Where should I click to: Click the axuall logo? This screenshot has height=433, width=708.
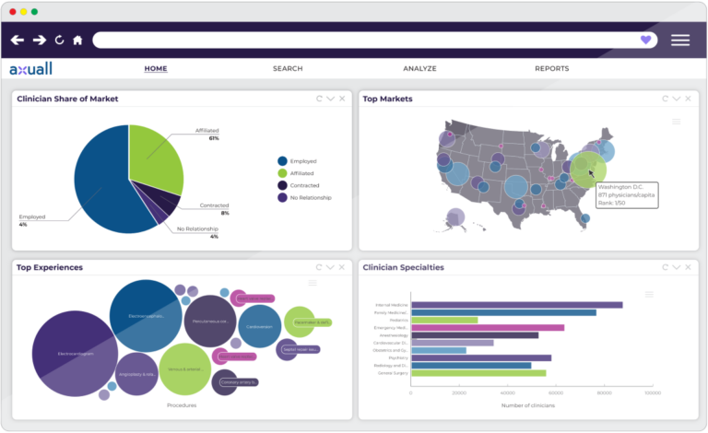(x=31, y=69)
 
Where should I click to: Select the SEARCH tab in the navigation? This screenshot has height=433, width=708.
(x=288, y=69)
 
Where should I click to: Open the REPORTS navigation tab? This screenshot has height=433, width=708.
(x=551, y=69)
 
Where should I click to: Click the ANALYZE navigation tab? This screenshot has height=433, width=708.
(x=419, y=69)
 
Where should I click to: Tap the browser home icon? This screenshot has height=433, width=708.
(x=77, y=41)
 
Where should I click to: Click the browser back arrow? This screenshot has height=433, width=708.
(x=18, y=41)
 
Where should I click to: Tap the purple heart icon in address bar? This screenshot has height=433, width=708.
(x=645, y=40)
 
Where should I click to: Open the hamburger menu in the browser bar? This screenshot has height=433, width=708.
(x=680, y=40)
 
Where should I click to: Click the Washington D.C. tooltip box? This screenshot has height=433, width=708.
(x=626, y=194)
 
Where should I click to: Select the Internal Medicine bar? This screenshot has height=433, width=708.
(x=516, y=305)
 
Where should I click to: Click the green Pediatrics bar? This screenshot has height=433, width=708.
(x=444, y=320)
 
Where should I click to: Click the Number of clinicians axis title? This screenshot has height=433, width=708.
(x=531, y=404)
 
